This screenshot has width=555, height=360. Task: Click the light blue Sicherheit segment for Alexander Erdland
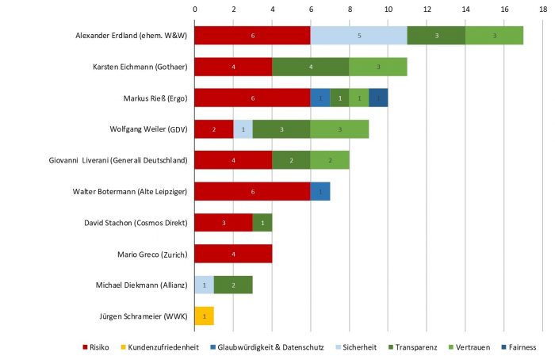pyautogui.click(x=358, y=36)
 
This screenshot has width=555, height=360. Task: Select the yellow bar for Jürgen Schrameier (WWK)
pyautogui.click(x=204, y=316)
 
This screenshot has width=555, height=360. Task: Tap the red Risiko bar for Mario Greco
pyautogui.click(x=233, y=254)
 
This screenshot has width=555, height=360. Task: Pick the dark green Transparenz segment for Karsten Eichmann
pyautogui.click(x=310, y=67)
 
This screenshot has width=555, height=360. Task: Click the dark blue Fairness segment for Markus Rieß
pyautogui.click(x=378, y=98)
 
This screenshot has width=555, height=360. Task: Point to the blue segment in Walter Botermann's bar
pyautogui.click(x=320, y=191)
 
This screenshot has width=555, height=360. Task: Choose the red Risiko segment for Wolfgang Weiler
pyautogui.click(x=213, y=129)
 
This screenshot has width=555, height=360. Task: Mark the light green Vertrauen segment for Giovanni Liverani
pyautogui.click(x=330, y=160)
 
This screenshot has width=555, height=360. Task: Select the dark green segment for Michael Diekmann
pyautogui.click(x=233, y=285)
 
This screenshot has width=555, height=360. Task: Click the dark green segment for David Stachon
pyautogui.click(x=262, y=223)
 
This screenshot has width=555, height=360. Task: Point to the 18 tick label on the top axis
pyautogui.click(x=543, y=9)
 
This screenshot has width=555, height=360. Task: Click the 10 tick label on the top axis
pyautogui.click(x=388, y=9)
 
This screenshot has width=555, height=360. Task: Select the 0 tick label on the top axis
pyautogui.click(x=194, y=9)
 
